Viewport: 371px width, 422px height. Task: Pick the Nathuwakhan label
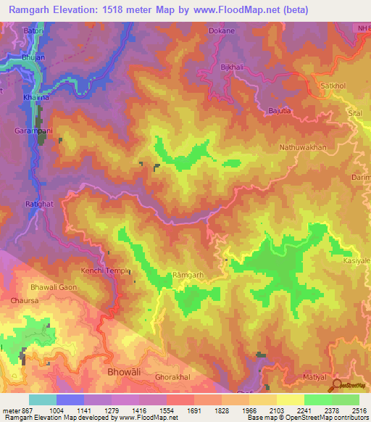tap(303, 147)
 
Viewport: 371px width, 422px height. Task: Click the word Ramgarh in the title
tap(32, 9)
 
